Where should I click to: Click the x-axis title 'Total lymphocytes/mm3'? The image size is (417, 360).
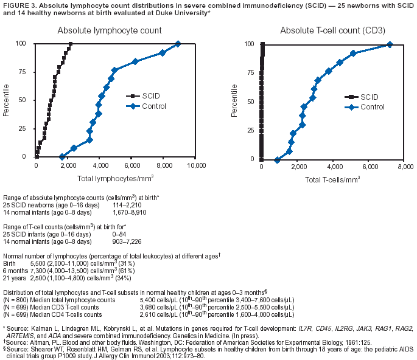(115, 179)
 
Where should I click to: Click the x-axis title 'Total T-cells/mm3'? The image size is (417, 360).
(332, 181)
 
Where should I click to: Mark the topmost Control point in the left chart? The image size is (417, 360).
(178, 44)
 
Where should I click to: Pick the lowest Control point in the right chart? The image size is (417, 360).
(277, 160)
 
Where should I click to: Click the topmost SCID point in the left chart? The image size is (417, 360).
(71, 44)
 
